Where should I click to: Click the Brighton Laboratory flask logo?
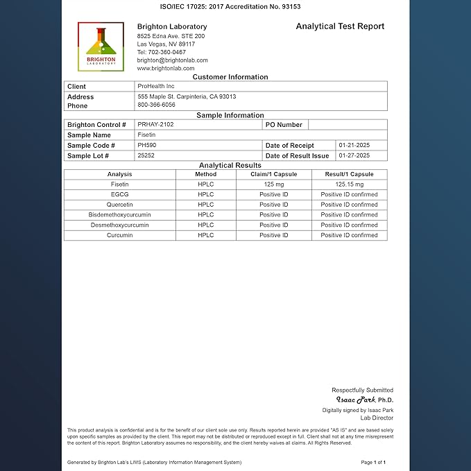(101, 46)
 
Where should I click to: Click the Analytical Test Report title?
(340, 26)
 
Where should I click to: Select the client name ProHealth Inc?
(156, 86)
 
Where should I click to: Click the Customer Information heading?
(230, 77)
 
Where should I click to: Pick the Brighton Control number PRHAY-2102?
(155, 124)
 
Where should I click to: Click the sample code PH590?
(146, 145)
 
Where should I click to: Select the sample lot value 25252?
(146, 155)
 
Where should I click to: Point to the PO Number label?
(284, 125)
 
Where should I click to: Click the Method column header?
(205, 174)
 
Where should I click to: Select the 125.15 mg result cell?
(349, 185)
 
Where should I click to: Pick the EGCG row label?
(119, 195)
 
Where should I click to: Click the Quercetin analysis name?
(119, 205)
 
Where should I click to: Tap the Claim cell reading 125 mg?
(274, 185)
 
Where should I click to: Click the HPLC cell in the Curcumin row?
(205, 235)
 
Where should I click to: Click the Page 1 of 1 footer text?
(373, 462)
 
